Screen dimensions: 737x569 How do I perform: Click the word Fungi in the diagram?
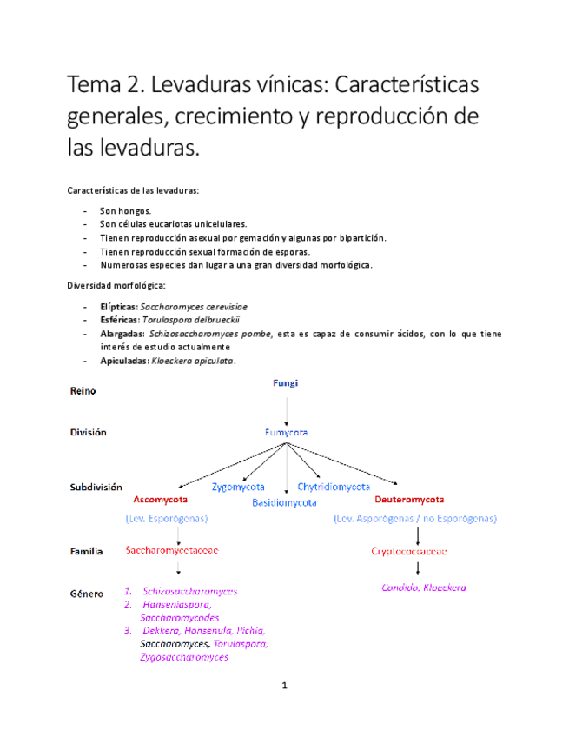286,382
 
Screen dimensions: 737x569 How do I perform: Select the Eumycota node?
286,432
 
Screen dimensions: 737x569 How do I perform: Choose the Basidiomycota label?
284,502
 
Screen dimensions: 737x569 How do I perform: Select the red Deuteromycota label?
409,501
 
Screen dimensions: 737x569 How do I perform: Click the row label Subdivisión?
96,488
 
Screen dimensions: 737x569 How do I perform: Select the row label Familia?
86,551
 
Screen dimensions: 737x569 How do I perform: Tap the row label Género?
86,593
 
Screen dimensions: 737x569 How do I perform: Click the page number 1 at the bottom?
284,686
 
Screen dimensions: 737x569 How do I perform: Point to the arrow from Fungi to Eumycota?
286,407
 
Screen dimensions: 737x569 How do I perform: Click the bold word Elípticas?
117,307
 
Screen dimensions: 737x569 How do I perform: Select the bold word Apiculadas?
122,361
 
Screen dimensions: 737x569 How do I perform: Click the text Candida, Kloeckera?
424,588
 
